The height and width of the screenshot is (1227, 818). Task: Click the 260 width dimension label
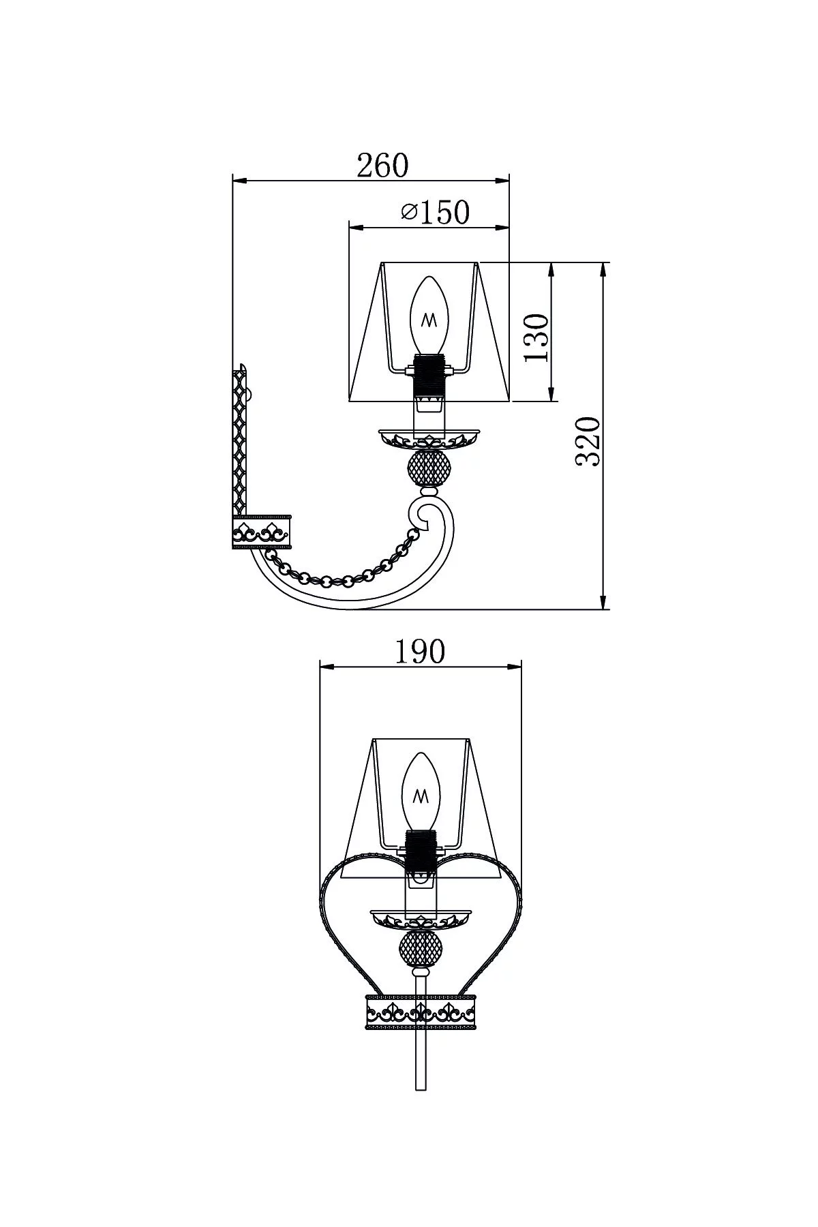[x=382, y=165]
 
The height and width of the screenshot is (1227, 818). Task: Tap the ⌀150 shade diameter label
[x=436, y=213]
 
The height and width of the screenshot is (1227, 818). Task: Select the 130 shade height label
[x=536, y=339]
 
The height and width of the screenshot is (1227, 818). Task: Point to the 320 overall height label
[x=588, y=441]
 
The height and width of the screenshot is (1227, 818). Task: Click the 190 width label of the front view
[x=420, y=652]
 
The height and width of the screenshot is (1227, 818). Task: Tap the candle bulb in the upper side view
[x=429, y=315]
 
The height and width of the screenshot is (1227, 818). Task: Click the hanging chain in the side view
[x=341, y=573]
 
